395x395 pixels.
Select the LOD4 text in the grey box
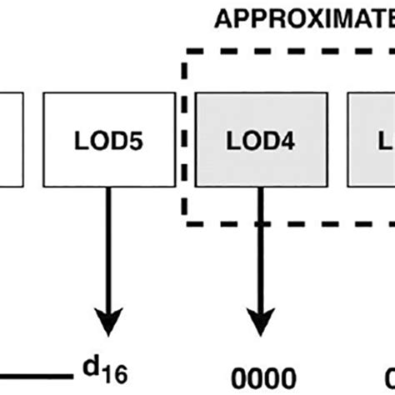click(260, 142)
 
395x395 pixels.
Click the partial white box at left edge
click(9, 142)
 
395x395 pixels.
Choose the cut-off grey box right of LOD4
click(371, 142)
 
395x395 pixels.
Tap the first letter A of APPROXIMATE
click(224, 17)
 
